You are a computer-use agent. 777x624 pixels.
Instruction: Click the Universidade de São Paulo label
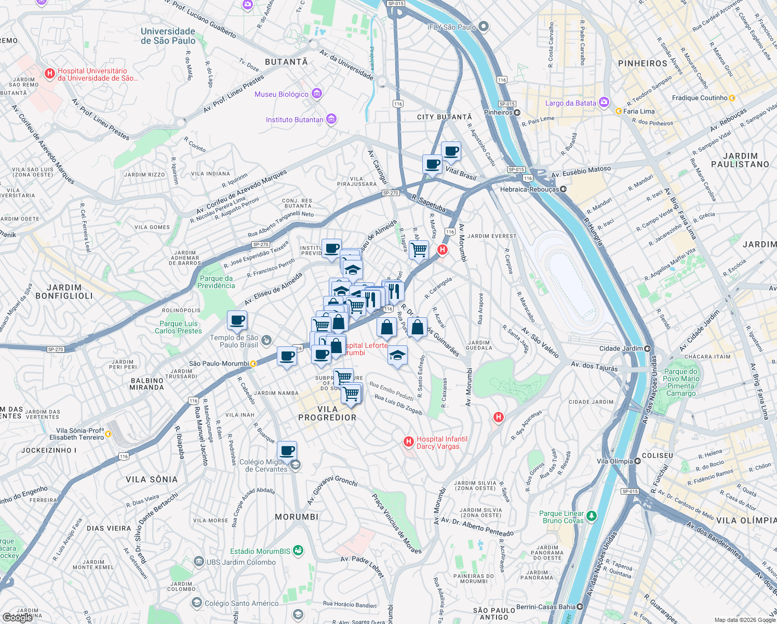tap(168, 36)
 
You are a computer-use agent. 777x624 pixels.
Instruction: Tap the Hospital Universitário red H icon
tap(50, 74)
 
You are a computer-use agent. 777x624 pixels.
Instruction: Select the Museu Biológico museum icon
tap(317, 94)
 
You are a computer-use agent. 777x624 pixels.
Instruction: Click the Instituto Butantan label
tap(294, 120)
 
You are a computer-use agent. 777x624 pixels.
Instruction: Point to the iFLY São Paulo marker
tap(484, 27)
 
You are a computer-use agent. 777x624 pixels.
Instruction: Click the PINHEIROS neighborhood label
tap(642, 63)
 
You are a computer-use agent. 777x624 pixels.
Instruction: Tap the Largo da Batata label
tap(570, 103)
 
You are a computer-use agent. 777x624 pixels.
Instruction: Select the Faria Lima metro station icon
tap(619, 111)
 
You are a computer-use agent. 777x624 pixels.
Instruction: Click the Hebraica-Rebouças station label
tap(529, 189)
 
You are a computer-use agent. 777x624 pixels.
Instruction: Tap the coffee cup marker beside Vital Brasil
tap(432, 165)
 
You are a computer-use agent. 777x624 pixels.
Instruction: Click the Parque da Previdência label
tap(216, 282)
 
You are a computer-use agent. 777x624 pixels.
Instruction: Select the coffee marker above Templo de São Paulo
tap(237, 321)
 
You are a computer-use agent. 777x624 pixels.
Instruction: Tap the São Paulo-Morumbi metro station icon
tap(253, 364)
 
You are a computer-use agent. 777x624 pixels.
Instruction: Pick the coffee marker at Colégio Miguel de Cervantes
tap(287, 450)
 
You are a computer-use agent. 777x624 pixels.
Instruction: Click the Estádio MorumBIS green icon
tap(298, 551)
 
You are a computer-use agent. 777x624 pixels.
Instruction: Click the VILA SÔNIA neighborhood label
tap(152, 479)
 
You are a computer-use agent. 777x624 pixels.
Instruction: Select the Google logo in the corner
tap(17, 617)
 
